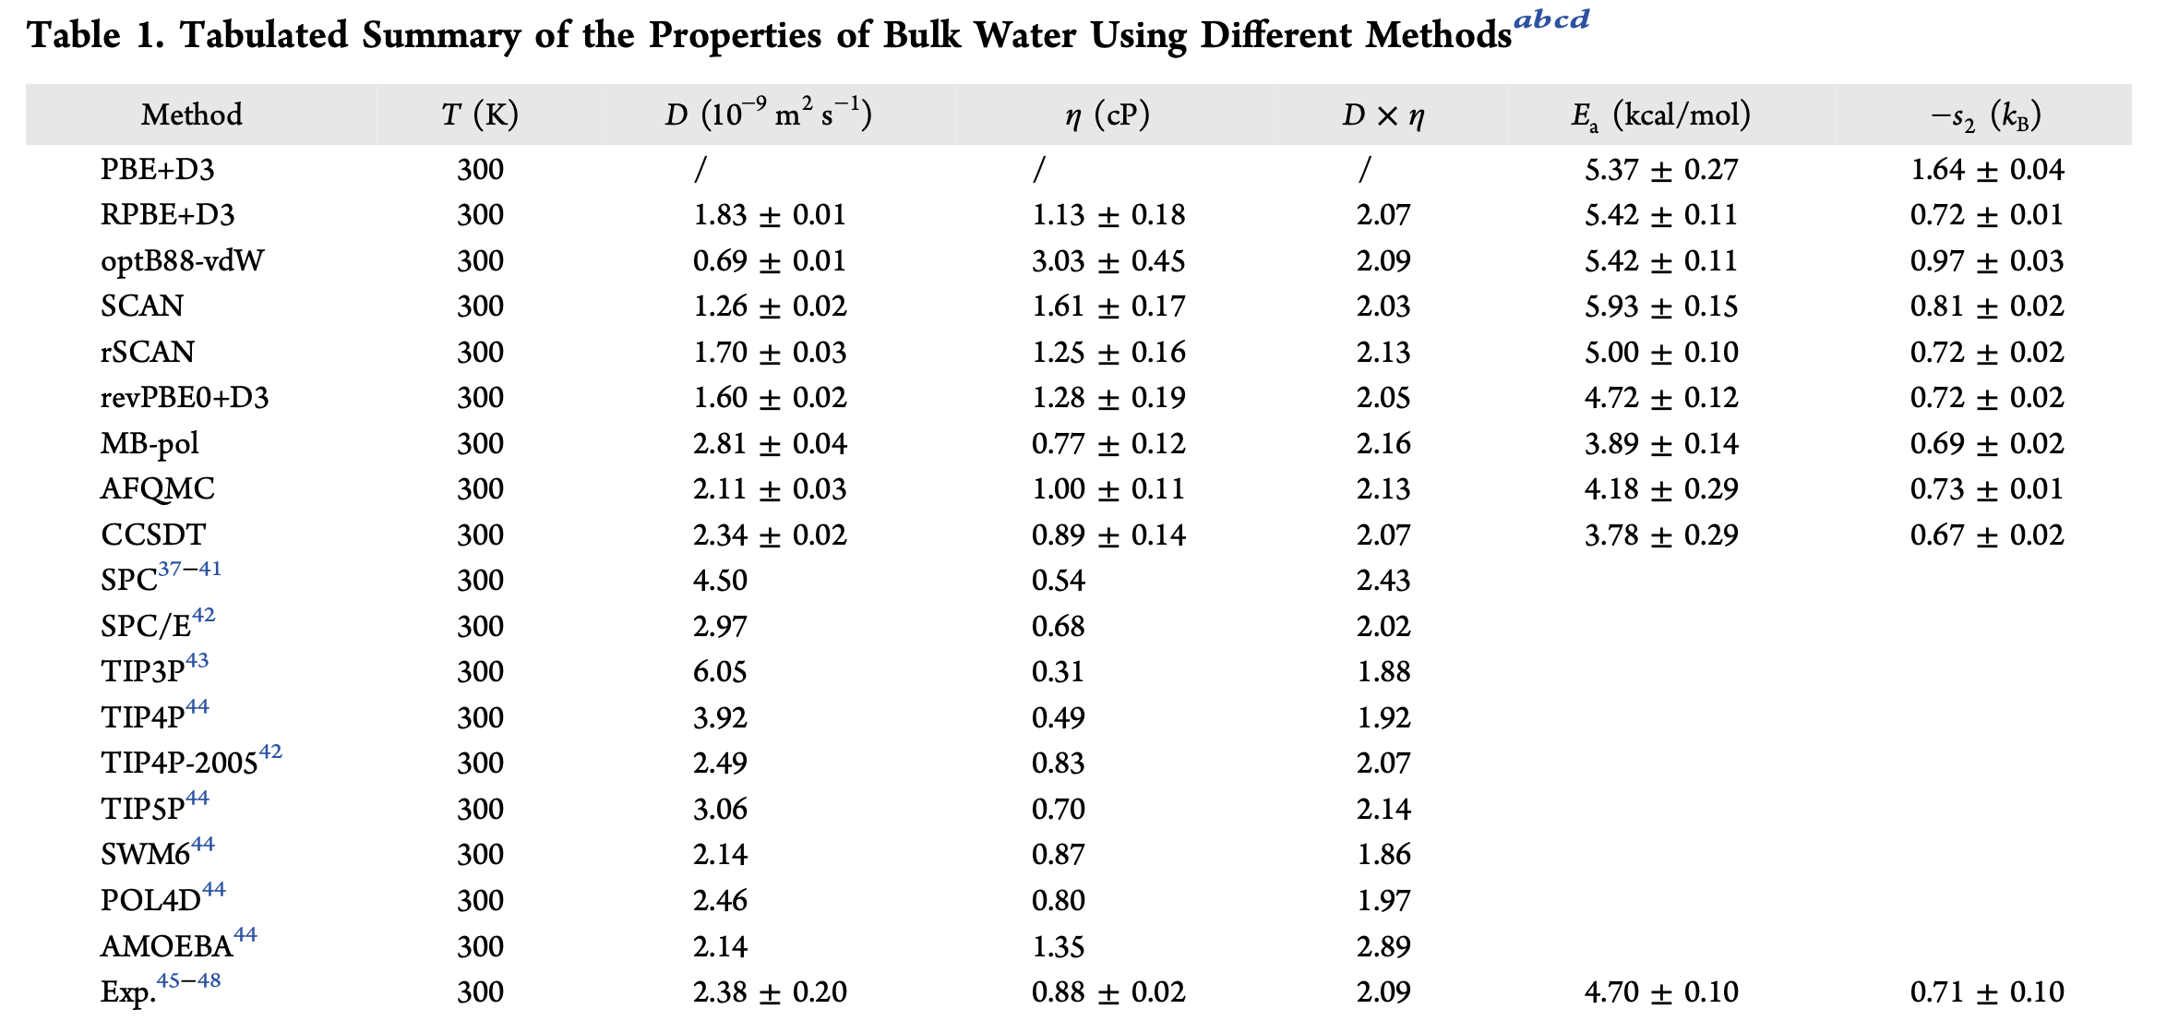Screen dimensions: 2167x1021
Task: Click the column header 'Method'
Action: tap(192, 114)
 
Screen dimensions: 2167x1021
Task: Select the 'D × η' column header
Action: tap(1383, 115)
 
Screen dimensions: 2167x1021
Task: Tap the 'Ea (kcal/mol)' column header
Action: tap(1661, 115)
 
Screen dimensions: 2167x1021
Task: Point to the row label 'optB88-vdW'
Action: tap(182, 260)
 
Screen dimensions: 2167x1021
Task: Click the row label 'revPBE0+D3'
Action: tap(185, 397)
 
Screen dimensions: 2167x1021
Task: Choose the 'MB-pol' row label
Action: tap(150, 443)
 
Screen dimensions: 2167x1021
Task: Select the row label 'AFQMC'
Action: tap(158, 488)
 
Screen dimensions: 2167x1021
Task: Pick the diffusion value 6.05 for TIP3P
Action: tap(720, 671)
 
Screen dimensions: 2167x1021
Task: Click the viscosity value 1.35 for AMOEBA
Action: tap(1058, 946)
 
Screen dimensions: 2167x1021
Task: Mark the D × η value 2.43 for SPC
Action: tap(1383, 580)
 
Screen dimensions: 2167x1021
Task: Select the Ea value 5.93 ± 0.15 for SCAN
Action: tap(1661, 306)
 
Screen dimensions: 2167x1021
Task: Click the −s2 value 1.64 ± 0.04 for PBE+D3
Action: tap(1987, 169)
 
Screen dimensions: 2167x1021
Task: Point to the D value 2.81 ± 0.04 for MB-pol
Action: tap(770, 443)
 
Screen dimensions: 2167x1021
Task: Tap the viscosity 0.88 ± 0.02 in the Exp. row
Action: tap(1108, 991)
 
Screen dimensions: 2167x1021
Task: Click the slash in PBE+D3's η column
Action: tap(1039, 169)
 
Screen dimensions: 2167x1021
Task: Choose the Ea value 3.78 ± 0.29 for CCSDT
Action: tap(1661, 535)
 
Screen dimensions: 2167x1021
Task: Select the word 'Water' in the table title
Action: tap(1025, 35)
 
